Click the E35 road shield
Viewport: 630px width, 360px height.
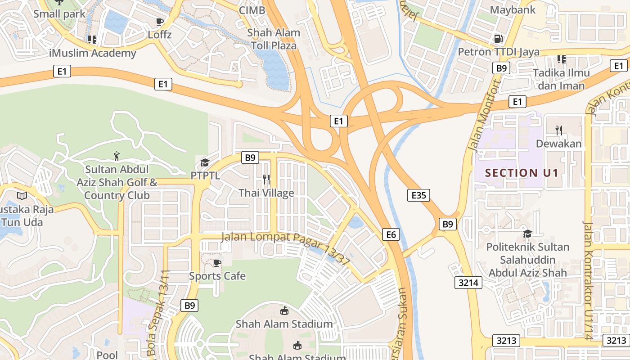[x=418, y=195]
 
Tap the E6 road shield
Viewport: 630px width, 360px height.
[x=391, y=234]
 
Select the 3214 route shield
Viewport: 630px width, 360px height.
[x=468, y=283]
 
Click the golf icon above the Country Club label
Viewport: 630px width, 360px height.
[x=117, y=156]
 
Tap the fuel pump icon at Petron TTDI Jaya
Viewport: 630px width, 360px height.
[x=498, y=39]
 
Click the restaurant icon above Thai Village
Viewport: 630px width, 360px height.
[x=266, y=180]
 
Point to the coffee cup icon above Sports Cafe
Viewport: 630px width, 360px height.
[x=217, y=263]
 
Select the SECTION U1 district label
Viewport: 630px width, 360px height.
[x=522, y=173]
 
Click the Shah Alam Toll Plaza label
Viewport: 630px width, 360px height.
[x=274, y=39]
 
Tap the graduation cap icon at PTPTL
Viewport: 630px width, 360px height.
[x=205, y=162]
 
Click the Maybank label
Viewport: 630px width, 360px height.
[x=513, y=9]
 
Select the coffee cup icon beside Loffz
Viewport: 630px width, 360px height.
[x=159, y=22]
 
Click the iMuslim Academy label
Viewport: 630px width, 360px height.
[x=92, y=53]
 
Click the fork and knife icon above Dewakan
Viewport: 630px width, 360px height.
[x=559, y=130]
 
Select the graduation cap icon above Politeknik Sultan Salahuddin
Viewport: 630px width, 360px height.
[x=527, y=234]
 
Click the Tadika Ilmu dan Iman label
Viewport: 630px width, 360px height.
[x=561, y=79]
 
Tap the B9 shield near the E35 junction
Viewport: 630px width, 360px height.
[x=447, y=224]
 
